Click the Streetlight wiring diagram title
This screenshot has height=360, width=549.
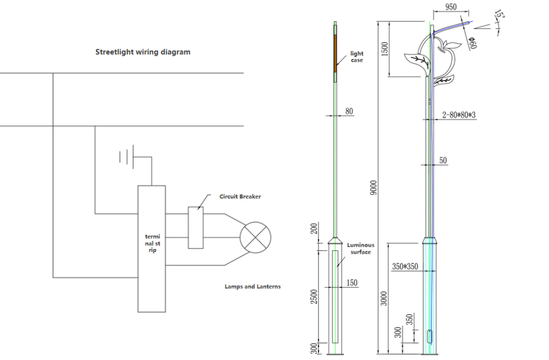coord(143,52)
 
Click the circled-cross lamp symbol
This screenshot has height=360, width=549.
coord(256,237)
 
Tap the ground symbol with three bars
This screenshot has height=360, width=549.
coord(127,157)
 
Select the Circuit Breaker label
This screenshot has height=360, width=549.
coord(240,197)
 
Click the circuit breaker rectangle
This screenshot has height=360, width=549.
coord(196,227)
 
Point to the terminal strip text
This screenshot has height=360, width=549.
coord(152,243)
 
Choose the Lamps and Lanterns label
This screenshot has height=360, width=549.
coord(253,286)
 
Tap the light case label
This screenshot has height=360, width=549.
coord(357,57)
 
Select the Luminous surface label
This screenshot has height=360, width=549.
coord(361,248)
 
